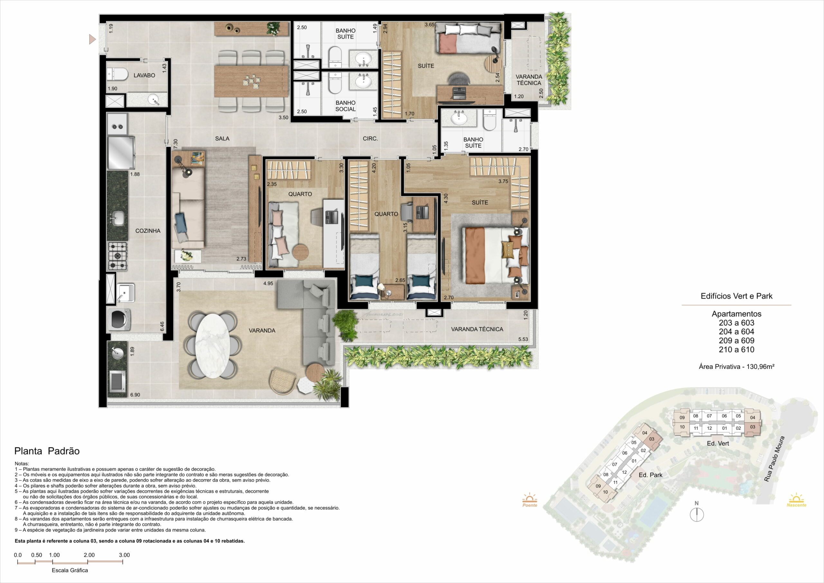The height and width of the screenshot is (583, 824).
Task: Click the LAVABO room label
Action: coord(144,75)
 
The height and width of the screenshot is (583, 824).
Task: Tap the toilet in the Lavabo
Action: coord(117,74)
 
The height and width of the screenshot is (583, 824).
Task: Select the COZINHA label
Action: coord(148,231)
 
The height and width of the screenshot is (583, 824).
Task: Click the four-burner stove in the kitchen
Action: coord(118,256)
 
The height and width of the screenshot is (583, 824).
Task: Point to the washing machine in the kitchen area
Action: coord(119,318)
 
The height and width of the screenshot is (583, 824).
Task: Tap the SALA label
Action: coord(222,138)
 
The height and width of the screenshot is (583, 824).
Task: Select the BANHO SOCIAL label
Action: coord(346,106)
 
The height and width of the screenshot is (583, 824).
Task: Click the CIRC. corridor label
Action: coord(370,138)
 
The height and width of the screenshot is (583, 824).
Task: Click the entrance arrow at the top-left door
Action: coord(93,39)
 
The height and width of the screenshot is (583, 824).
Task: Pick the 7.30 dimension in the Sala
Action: coord(175,144)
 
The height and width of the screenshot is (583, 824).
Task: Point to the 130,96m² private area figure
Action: coord(761,367)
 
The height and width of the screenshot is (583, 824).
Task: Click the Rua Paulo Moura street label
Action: coord(774,459)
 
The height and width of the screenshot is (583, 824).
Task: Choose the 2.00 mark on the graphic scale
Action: coord(89,555)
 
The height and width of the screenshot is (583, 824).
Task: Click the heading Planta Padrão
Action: coord(47,451)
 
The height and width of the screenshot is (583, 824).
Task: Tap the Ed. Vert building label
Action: coord(718,443)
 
